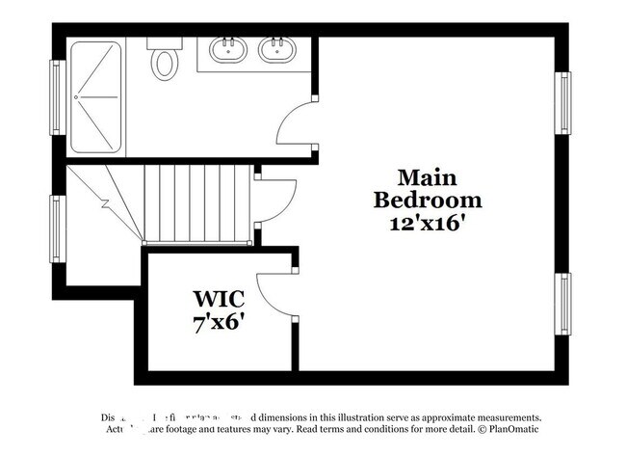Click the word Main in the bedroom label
tap(428, 178)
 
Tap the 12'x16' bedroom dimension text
tap(428, 223)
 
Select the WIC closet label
tap(219, 298)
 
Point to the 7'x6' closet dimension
tap(219, 322)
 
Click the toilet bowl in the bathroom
tap(165, 64)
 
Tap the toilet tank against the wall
tap(164, 43)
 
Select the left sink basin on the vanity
tap(229, 48)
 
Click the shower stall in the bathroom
tap(96, 96)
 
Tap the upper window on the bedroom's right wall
tap(563, 103)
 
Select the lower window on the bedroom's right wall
tap(563, 304)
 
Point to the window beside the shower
tap(57, 96)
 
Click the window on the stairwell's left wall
tap(57, 228)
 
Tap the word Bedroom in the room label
tap(428, 201)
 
